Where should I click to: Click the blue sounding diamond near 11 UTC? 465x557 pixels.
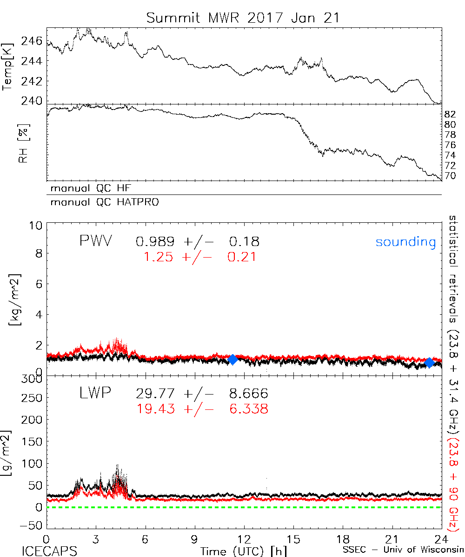(233, 359)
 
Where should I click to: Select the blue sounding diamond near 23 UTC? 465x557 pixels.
(430, 362)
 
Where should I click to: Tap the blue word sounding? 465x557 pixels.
(406, 242)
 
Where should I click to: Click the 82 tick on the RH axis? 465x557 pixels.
(450, 114)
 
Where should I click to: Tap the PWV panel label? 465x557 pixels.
(96, 241)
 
